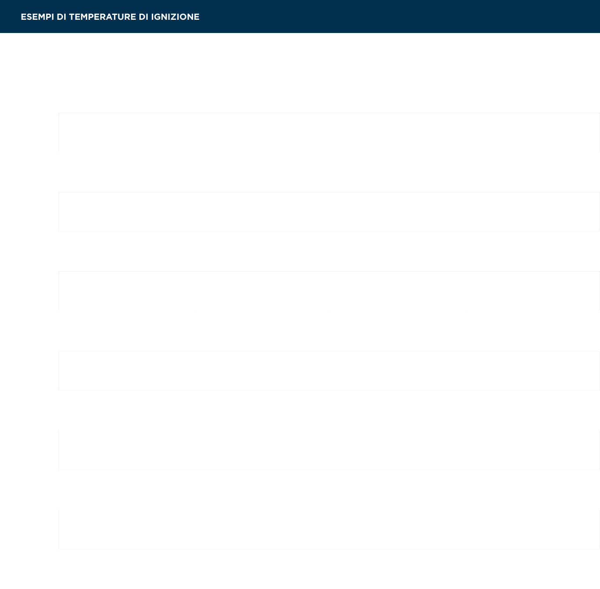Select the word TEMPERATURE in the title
(102, 17)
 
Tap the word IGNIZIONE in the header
(175, 17)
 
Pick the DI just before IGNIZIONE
(143, 17)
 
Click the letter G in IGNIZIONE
(157, 17)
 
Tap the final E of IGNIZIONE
(197, 17)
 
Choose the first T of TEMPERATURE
(72, 17)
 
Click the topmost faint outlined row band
(329, 132)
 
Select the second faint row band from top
(329, 212)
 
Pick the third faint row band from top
(329, 291)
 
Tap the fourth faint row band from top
(329, 371)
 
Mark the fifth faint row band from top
(329, 450)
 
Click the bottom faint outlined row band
(329, 530)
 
